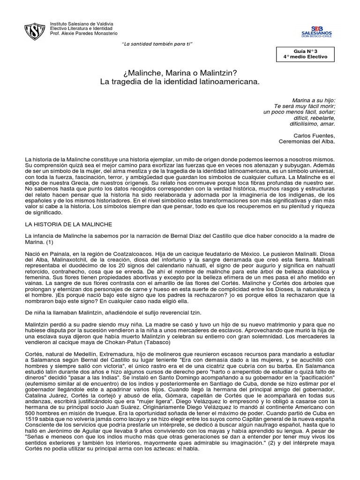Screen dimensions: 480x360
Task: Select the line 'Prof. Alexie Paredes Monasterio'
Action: (x=84, y=33)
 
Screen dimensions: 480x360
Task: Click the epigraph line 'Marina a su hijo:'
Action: (x=314, y=100)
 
